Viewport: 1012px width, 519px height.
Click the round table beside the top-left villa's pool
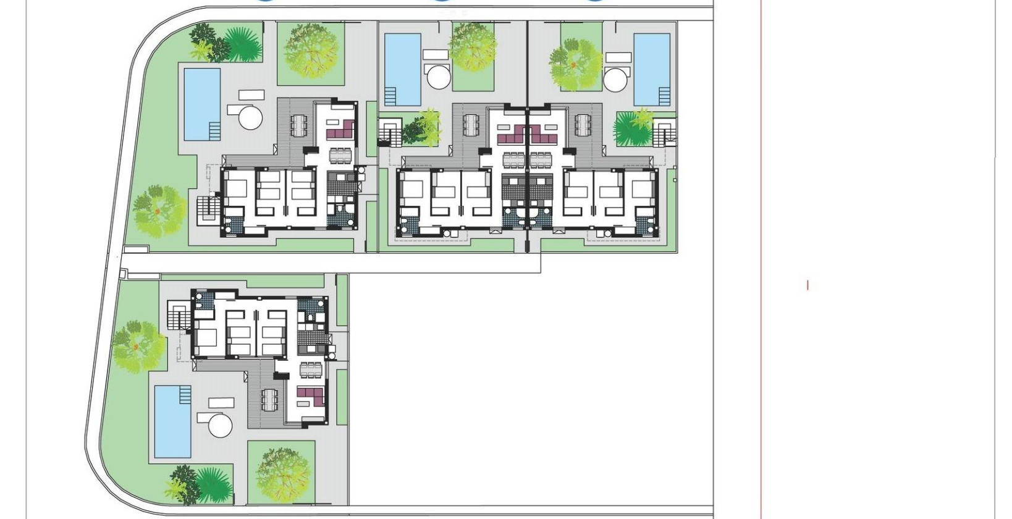[251, 117]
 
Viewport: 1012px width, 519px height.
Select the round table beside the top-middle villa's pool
[440, 77]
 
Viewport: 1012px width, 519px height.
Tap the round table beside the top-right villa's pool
[615, 80]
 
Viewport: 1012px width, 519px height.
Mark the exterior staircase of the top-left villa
[208, 209]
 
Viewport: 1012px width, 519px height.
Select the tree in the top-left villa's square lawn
[313, 52]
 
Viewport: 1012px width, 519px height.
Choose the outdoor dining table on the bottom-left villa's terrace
[269, 399]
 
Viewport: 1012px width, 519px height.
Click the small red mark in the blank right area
[807, 285]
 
